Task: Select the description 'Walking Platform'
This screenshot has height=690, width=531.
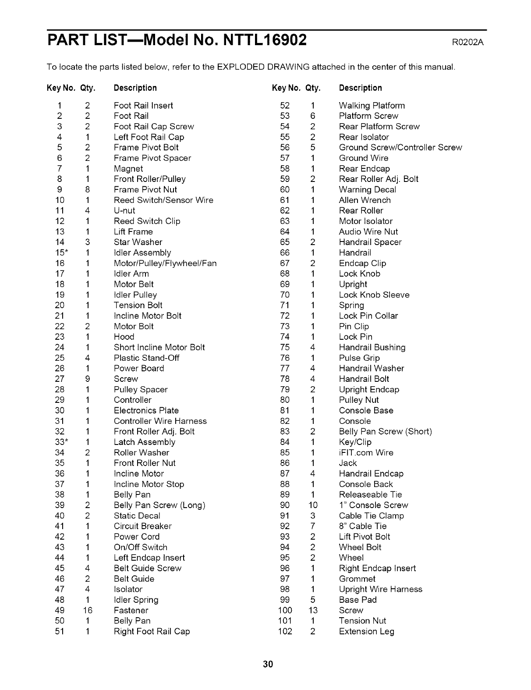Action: tap(372, 106)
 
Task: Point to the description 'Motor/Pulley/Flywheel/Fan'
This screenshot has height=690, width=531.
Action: tap(165, 263)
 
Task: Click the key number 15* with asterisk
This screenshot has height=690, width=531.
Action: tap(61, 253)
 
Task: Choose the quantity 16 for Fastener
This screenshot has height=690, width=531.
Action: tap(88, 611)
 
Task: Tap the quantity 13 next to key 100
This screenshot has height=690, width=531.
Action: tap(312, 611)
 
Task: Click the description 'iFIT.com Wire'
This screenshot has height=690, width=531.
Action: tap(366, 453)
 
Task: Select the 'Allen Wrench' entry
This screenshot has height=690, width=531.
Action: tap(365, 200)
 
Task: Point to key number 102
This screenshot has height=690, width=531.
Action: tap(285, 632)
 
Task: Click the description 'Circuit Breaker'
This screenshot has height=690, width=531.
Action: tap(142, 526)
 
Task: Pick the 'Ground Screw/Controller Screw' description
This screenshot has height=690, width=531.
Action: tap(400, 148)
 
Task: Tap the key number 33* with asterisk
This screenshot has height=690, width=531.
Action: tap(61, 442)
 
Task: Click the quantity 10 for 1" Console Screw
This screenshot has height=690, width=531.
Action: tap(312, 505)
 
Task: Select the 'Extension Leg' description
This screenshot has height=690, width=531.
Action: tap(366, 632)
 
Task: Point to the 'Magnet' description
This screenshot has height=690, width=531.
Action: tap(128, 169)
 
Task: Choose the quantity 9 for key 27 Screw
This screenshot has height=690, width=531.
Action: tap(88, 379)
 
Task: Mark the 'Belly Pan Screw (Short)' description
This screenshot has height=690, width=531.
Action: tap(385, 432)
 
